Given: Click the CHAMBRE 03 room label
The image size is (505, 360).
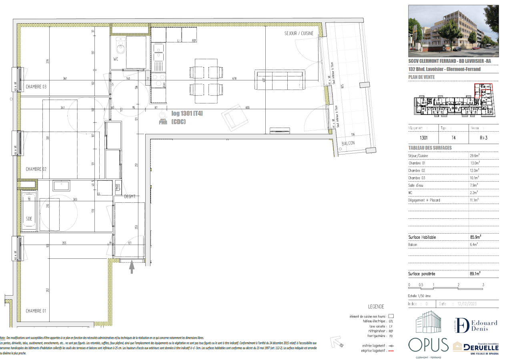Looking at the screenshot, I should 36,86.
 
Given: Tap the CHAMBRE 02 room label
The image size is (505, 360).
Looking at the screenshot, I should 36,169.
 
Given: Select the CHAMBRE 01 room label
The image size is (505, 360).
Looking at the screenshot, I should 36,311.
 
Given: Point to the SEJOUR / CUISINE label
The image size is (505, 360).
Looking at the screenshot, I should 299,34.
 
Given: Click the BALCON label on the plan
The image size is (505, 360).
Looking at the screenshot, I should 348,144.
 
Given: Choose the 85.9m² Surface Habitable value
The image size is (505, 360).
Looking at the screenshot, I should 475,237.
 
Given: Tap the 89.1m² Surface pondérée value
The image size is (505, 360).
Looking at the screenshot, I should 475,274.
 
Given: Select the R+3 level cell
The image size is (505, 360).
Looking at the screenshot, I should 483,137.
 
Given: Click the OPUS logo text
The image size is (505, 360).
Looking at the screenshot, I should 428,345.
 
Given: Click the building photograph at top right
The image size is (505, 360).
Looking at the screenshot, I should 453,31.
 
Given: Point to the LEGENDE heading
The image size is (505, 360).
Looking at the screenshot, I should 376,306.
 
